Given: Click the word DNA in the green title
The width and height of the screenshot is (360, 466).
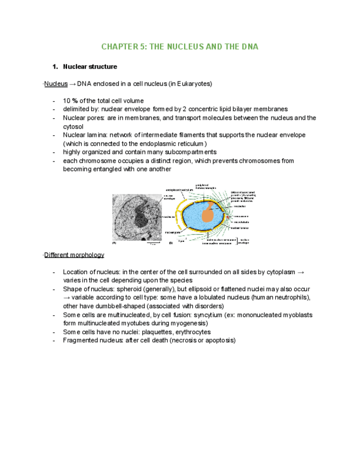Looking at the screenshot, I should (248, 47).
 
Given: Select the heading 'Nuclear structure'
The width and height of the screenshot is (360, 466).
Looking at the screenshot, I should (90, 67).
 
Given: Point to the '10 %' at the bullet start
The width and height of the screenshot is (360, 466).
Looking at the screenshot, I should (70, 101).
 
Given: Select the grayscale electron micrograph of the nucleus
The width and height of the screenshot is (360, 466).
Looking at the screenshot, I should (137, 217).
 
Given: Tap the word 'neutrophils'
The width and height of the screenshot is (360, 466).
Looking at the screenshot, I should (292, 297).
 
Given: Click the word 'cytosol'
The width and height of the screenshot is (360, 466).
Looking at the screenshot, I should (74, 126).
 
